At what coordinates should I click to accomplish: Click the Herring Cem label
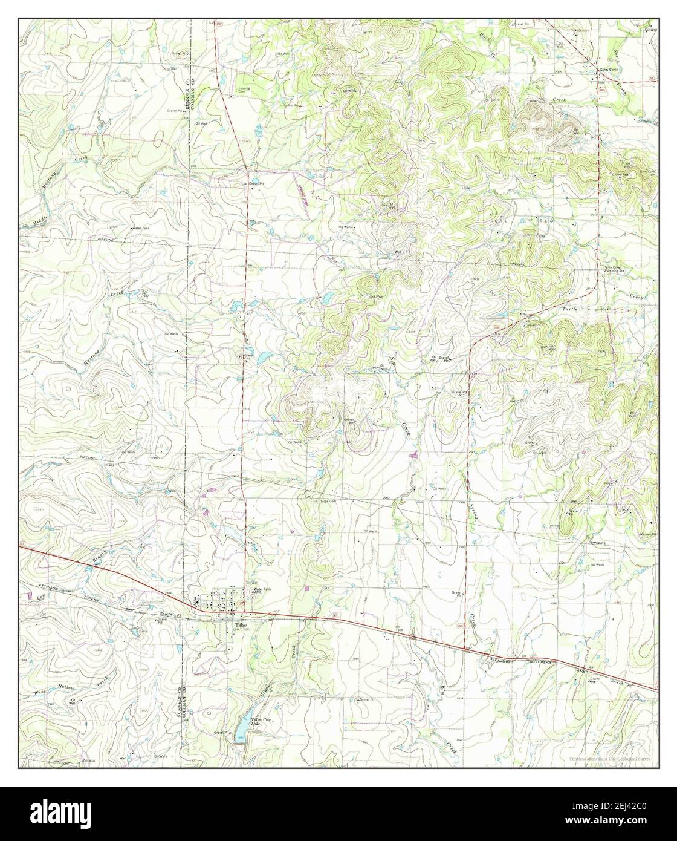tap(244, 89)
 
